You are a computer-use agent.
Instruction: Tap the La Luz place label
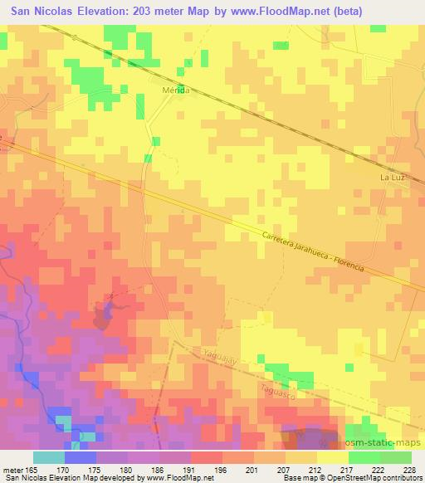[392, 178]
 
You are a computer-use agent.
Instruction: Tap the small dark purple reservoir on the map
[105, 313]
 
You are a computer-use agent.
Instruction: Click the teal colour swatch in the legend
[48, 456]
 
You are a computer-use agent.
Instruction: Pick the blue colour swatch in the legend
[80, 456]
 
